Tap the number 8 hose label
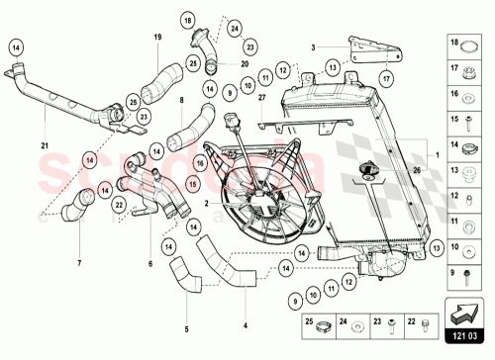click(181, 99)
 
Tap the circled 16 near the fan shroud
click(199, 163)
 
